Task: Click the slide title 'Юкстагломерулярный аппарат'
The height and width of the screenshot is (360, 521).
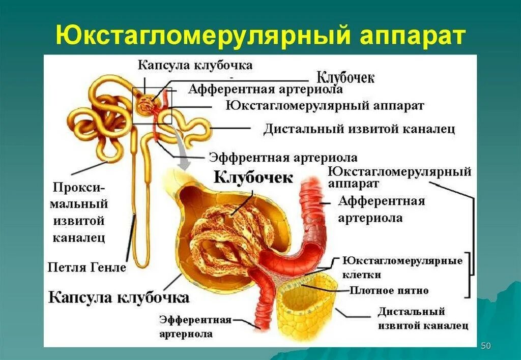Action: pos(260,36)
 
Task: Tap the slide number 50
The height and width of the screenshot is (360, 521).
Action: pos(486,346)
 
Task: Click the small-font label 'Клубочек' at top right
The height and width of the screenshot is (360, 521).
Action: pos(345,77)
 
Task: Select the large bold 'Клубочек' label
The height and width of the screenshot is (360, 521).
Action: pos(253,177)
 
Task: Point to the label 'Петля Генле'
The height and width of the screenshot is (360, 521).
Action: pos(87,266)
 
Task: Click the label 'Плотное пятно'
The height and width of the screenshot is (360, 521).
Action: pos(389,291)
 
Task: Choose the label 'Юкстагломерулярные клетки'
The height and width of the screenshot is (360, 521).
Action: pos(402,267)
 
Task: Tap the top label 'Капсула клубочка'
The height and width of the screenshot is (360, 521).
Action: pos(195,65)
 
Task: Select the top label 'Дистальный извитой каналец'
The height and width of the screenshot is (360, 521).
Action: pos(359,129)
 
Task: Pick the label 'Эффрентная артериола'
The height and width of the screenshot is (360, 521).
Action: pos(283,157)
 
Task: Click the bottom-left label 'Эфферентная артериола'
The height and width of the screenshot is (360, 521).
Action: pos(195,326)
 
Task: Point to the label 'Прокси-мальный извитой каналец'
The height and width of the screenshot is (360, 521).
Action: pos(80,212)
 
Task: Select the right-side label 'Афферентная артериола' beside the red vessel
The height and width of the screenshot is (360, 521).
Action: pos(381,209)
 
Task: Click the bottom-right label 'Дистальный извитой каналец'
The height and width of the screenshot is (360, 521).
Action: pos(411,318)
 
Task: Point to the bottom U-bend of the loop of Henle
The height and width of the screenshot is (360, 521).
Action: pos(143,264)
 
